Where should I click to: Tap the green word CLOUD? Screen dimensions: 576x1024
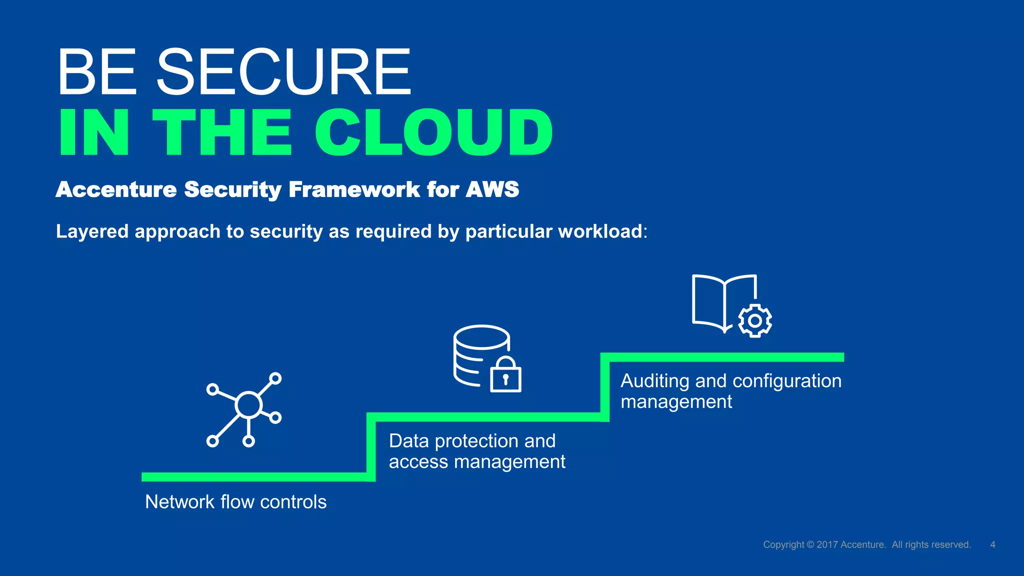coord(433,132)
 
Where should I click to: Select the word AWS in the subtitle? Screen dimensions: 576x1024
coord(492,189)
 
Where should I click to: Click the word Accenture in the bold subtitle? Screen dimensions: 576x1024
coord(116,189)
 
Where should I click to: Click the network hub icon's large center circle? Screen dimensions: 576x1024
coord(248,405)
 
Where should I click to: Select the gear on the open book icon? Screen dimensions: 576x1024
coord(754,320)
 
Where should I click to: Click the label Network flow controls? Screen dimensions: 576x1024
coord(235,502)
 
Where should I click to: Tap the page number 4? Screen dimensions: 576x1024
coord(992,544)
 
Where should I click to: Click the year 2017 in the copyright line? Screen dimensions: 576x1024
coord(827,544)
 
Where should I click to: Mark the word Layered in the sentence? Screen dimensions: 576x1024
coord(92,231)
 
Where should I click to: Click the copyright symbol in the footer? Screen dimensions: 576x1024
coord(810,544)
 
